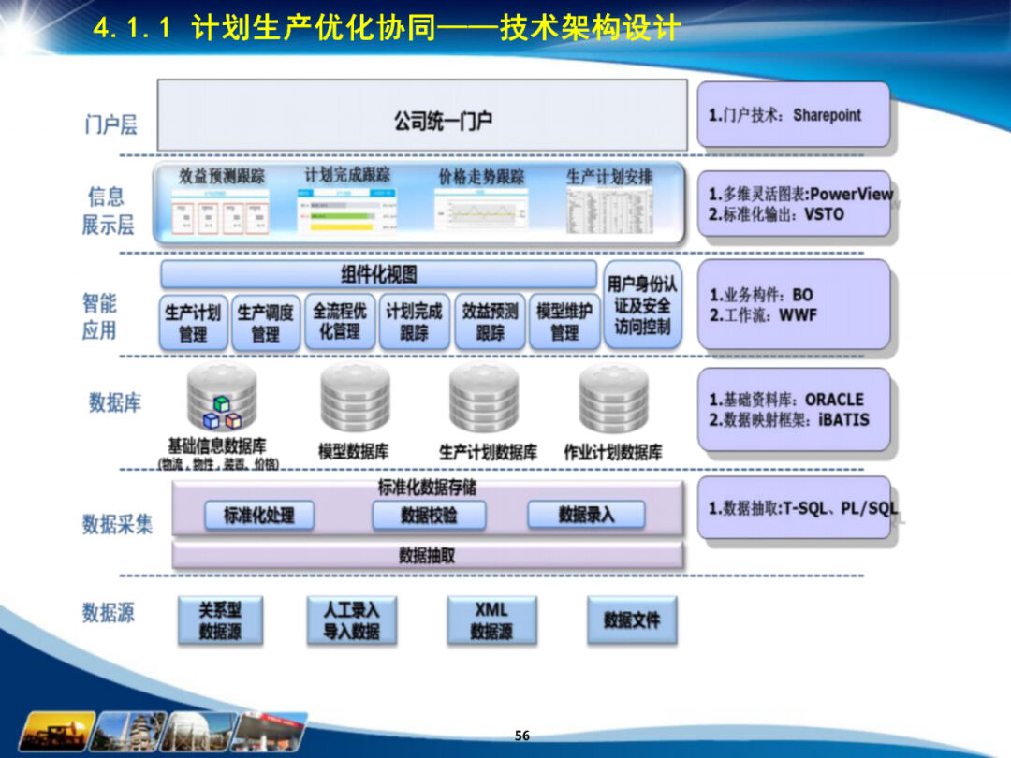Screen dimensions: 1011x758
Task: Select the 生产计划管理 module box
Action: click(192, 323)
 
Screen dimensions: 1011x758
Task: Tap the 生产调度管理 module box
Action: click(265, 323)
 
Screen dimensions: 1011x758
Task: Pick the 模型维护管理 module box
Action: click(564, 323)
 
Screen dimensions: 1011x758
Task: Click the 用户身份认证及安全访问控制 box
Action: click(642, 305)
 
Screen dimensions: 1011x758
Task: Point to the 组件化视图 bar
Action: click(378, 274)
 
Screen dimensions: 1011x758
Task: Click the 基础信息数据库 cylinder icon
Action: click(222, 398)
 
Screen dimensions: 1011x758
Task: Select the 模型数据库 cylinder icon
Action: click(355, 398)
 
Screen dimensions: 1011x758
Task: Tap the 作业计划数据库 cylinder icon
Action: click(613, 398)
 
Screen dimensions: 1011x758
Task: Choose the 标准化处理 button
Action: click(258, 515)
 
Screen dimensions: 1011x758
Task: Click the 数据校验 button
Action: click(429, 515)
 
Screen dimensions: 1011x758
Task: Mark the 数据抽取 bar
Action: click(427, 555)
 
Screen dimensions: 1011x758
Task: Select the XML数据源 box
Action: click(491, 620)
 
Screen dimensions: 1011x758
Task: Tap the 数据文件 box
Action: click(631, 620)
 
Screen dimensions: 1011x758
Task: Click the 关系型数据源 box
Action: click(219, 620)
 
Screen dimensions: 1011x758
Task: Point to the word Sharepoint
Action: click(827, 115)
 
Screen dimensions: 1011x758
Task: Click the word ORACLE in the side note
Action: click(834, 400)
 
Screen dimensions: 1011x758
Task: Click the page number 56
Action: click(522, 736)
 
